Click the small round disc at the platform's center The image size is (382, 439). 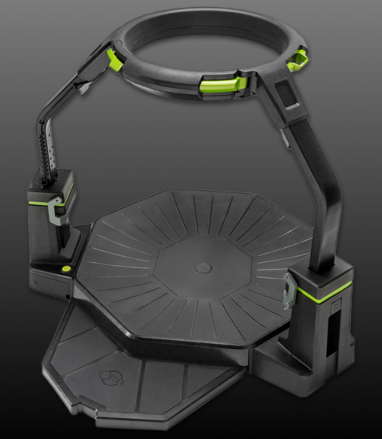[x=203, y=268]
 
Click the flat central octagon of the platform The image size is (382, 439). [x=203, y=267]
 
